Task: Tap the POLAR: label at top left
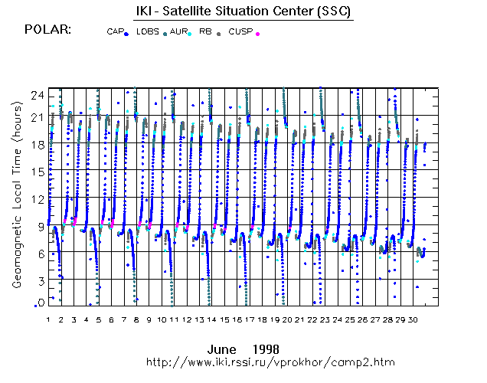coord(48,30)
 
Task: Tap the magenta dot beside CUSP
coord(257,34)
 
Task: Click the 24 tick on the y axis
coord(36,94)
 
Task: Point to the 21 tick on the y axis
coord(36,116)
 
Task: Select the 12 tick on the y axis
coord(36,199)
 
